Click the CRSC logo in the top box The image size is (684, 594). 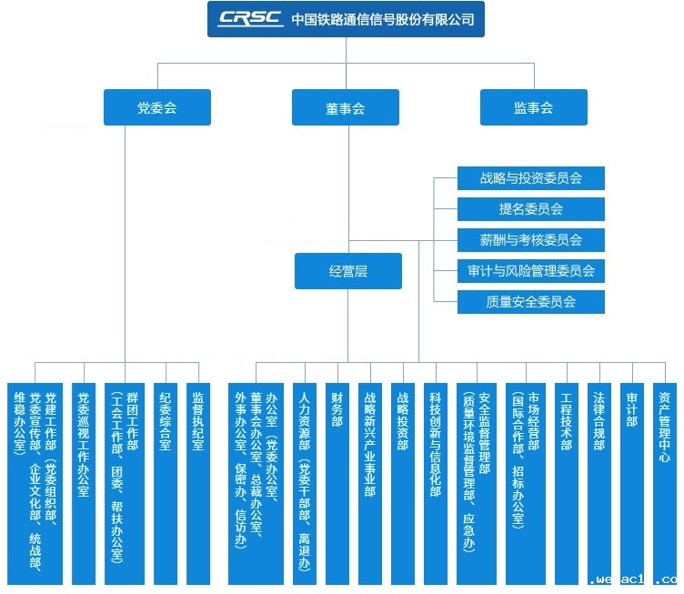click(x=250, y=19)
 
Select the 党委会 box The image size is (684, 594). click(x=157, y=107)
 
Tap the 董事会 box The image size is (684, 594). click(x=346, y=107)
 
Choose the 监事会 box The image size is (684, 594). click(x=534, y=107)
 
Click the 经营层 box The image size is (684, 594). click(x=348, y=271)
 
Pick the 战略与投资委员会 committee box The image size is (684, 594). click(x=531, y=178)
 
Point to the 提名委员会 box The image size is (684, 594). click(x=531, y=209)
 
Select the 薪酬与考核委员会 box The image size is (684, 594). click(x=531, y=240)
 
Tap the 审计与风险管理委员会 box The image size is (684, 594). click(x=531, y=271)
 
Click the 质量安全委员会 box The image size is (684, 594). click(x=531, y=302)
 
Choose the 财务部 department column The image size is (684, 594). click(x=337, y=484)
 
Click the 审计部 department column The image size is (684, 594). click(x=632, y=484)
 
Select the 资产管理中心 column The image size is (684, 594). click(x=665, y=484)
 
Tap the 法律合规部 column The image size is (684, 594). click(x=599, y=484)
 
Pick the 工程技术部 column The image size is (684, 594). click(x=567, y=484)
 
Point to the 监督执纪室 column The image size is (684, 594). click(x=198, y=484)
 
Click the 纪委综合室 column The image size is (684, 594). click(x=166, y=484)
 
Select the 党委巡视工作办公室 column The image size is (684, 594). click(x=84, y=484)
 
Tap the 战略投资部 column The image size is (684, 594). click(x=403, y=484)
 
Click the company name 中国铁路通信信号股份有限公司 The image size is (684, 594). click(x=383, y=19)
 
